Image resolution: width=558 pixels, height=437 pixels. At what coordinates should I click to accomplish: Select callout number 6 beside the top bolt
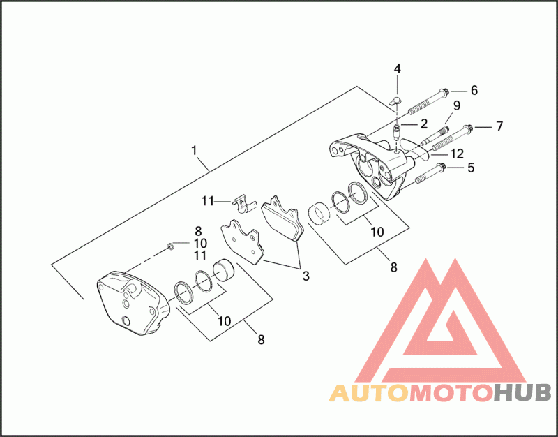(x=474, y=90)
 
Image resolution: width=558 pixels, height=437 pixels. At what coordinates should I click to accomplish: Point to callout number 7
(x=499, y=126)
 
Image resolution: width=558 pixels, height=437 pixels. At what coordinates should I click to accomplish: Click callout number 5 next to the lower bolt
(x=471, y=168)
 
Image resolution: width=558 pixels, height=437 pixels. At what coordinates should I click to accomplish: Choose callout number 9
(x=457, y=105)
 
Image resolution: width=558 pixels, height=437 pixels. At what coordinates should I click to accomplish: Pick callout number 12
(x=457, y=154)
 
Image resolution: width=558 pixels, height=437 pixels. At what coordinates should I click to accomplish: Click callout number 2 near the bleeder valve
(x=423, y=124)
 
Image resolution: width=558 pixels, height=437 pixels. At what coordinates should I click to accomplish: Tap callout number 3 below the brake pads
(x=306, y=276)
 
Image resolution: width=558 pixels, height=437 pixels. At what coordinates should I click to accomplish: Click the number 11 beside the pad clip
(x=207, y=201)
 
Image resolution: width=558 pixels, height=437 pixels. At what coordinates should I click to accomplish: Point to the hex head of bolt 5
(x=442, y=168)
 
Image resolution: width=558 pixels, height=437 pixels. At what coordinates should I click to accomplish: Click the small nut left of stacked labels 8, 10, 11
(x=170, y=246)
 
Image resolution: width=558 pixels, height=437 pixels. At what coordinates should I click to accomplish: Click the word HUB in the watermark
(x=522, y=394)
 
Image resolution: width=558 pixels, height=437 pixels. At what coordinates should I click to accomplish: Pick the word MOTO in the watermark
(x=451, y=394)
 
